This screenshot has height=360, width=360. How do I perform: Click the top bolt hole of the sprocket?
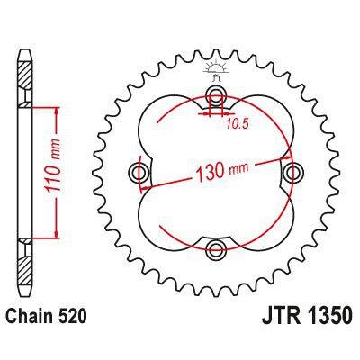(x=216, y=97)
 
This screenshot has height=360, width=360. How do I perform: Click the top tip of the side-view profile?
(x=24, y=43)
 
